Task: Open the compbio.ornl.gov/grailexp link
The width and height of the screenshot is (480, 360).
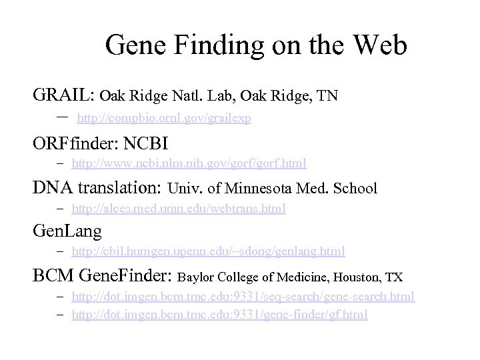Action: pyautogui.click(x=164, y=118)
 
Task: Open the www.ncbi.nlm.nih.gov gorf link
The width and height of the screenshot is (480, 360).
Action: pyautogui.click(x=189, y=163)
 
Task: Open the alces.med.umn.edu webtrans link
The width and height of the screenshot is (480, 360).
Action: pyautogui.click(x=179, y=209)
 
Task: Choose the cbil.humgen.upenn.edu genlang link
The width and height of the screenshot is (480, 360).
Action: pyautogui.click(x=208, y=251)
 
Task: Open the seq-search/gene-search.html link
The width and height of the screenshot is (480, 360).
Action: pyautogui.click(x=243, y=295)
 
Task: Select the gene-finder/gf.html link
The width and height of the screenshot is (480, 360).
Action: pyautogui.click(x=219, y=314)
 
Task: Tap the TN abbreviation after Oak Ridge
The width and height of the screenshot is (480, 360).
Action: pyautogui.click(x=327, y=96)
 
